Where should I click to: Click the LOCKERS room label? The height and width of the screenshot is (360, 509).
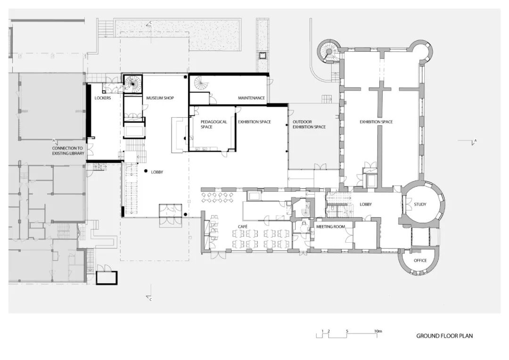(x=103, y=98)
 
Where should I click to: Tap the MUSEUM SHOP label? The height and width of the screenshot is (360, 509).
(x=160, y=98)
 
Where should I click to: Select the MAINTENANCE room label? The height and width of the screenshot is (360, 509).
(x=251, y=98)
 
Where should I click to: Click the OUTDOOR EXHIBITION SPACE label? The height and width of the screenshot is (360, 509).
(x=309, y=124)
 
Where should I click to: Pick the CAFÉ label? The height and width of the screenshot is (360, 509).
(x=243, y=227)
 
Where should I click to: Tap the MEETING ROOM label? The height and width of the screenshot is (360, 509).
(x=330, y=227)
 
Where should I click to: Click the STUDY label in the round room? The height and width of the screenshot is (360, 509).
(x=420, y=205)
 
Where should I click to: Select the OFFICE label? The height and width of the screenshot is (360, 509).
(x=420, y=261)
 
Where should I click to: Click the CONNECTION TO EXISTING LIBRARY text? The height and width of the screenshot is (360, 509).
(x=68, y=151)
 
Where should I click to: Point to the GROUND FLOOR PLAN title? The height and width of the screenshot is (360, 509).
(x=444, y=336)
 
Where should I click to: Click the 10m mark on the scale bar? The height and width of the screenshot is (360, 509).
(x=378, y=331)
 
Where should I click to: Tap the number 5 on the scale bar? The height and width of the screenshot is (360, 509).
(x=347, y=331)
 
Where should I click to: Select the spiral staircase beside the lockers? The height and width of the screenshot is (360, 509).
(x=133, y=83)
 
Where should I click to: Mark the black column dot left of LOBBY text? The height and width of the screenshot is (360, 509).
(x=146, y=171)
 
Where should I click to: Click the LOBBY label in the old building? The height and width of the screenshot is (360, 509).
(x=366, y=205)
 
